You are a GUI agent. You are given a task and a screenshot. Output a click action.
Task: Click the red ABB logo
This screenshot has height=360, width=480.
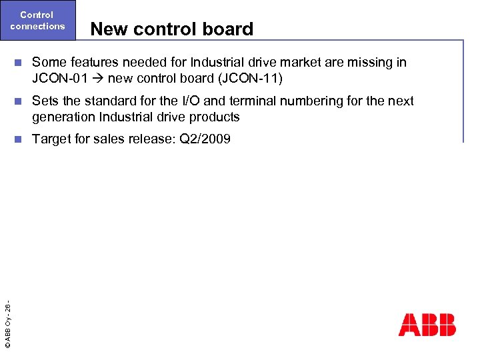(x=427, y=325)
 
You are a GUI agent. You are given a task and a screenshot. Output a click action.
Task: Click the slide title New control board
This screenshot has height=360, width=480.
(x=172, y=29)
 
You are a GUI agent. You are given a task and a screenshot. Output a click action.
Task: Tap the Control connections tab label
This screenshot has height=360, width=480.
(x=37, y=20)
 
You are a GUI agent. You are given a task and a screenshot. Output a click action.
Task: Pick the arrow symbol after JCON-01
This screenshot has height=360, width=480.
(x=97, y=79)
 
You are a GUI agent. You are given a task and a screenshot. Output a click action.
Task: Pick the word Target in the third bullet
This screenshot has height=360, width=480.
(x=51, y=140)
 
